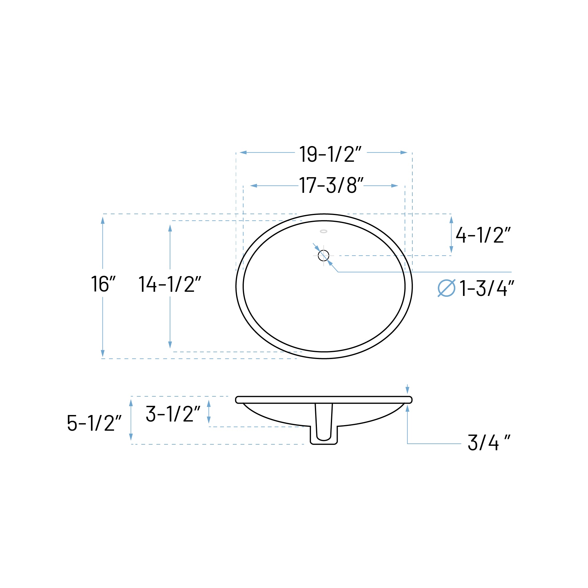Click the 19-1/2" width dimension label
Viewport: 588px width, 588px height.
pos(330,154)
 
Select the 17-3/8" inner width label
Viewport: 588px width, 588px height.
pos(331,185)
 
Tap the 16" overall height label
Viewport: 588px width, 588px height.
pos(103,284)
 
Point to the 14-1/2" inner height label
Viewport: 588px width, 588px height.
pos(169,284)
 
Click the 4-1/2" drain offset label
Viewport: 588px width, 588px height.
pos(483,235)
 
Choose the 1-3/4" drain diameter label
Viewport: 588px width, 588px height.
pos(487,288)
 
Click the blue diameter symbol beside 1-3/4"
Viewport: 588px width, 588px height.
pos(446,288)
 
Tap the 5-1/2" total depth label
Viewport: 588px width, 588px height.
pos(94,423)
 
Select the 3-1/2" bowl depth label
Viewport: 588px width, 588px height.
pos(173,414)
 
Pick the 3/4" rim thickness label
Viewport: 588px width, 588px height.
pos(488,443)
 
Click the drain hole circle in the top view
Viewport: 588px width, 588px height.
pos(323,256)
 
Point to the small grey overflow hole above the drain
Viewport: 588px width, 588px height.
pos(323,232)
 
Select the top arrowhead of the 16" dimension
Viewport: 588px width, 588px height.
pos(102,220)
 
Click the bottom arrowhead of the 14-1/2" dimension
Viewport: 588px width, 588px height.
pos(170,345)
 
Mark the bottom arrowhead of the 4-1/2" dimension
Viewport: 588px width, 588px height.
pos(451,249)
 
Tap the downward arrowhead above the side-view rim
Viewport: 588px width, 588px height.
pos(407,390)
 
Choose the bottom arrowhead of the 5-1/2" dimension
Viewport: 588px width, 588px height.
pos(131,437)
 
